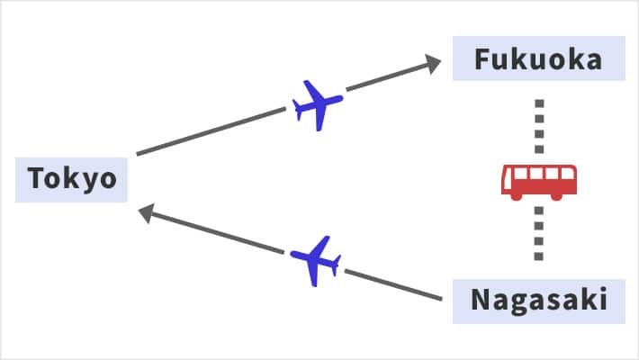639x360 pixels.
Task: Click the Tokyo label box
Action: tap(71, 180)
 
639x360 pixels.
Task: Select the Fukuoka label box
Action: tap(539, 58)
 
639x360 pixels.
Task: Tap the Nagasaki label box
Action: tap(539, 301)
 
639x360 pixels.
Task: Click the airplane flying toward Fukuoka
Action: tap(318, 105)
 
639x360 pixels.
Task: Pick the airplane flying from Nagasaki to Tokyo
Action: tap(315, 261)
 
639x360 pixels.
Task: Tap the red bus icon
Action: tap(539, 182)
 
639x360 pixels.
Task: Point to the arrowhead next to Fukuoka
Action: tap(432, 64)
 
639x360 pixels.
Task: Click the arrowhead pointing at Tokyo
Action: tap(147, 212)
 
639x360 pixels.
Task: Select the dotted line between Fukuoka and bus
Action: tap(539, 126)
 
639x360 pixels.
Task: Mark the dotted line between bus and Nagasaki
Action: tap(539, 234)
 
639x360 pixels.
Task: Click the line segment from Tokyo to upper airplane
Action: tap(211, 131)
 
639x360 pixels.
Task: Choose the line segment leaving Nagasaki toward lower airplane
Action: tap(393, 284)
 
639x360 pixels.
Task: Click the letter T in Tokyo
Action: tap(37, 178)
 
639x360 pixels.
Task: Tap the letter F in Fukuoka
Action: tap(483, 59)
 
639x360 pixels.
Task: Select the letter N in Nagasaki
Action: tap(481, 300)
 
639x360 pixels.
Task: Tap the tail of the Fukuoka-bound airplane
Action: tap(298, 110)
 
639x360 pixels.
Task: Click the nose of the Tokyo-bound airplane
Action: tap(293, 254)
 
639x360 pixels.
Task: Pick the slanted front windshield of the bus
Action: tap(508, 178)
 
